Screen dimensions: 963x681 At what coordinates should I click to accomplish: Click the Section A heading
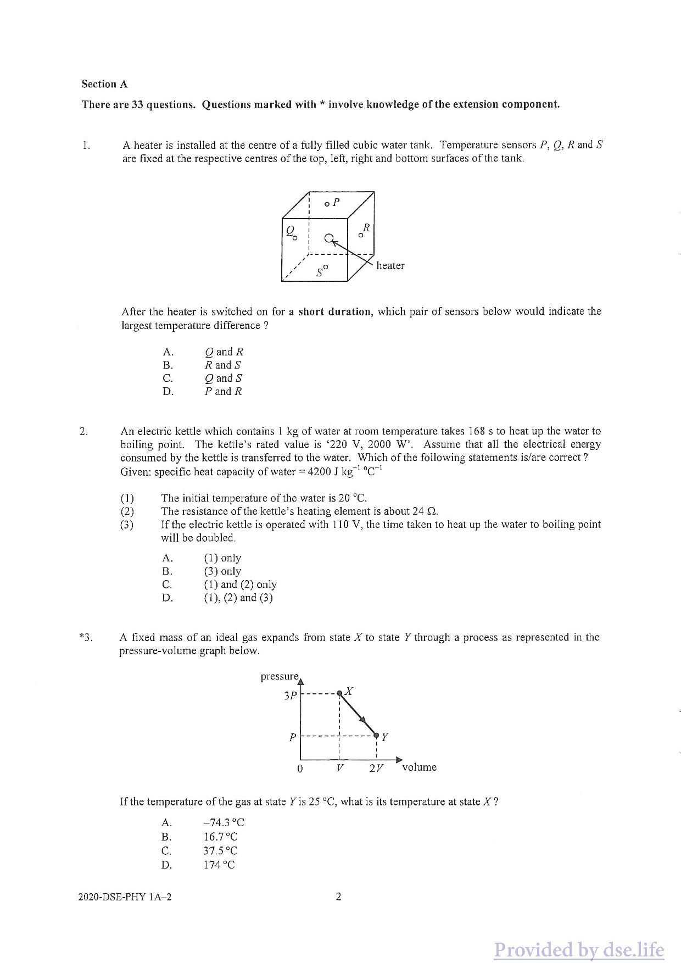tap(104, 84)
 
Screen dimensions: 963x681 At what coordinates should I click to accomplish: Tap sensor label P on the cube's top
tap(336, 202)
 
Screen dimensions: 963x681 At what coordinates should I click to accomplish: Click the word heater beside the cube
tap(390, 265)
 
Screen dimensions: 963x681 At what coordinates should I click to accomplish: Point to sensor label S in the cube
tap(319, 273)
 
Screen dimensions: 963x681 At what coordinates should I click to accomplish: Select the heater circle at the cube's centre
tap(329, 238)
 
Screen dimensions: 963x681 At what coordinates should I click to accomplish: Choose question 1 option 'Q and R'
tap(224, 352)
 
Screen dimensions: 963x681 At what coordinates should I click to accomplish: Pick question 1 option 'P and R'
tap(223, 391)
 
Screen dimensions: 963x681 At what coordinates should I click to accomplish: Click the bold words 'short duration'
tap(334, 311)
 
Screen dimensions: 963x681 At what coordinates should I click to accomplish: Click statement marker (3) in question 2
tap(127, 525)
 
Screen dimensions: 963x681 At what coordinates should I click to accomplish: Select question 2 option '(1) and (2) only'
tap(240, 585)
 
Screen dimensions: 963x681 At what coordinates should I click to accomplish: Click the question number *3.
tap(86, 637)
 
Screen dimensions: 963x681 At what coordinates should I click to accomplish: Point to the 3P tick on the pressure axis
tap(291, 695)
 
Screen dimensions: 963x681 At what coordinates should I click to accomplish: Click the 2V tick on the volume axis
tap(376, 769)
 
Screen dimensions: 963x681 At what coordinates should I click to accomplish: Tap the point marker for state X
tap(340, 693)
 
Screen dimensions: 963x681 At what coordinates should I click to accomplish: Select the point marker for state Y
tap(376, 735)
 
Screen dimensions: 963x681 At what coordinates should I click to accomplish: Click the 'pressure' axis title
tap(280, 676)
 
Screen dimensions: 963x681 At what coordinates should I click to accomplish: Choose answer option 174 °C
tap(219, 865)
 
